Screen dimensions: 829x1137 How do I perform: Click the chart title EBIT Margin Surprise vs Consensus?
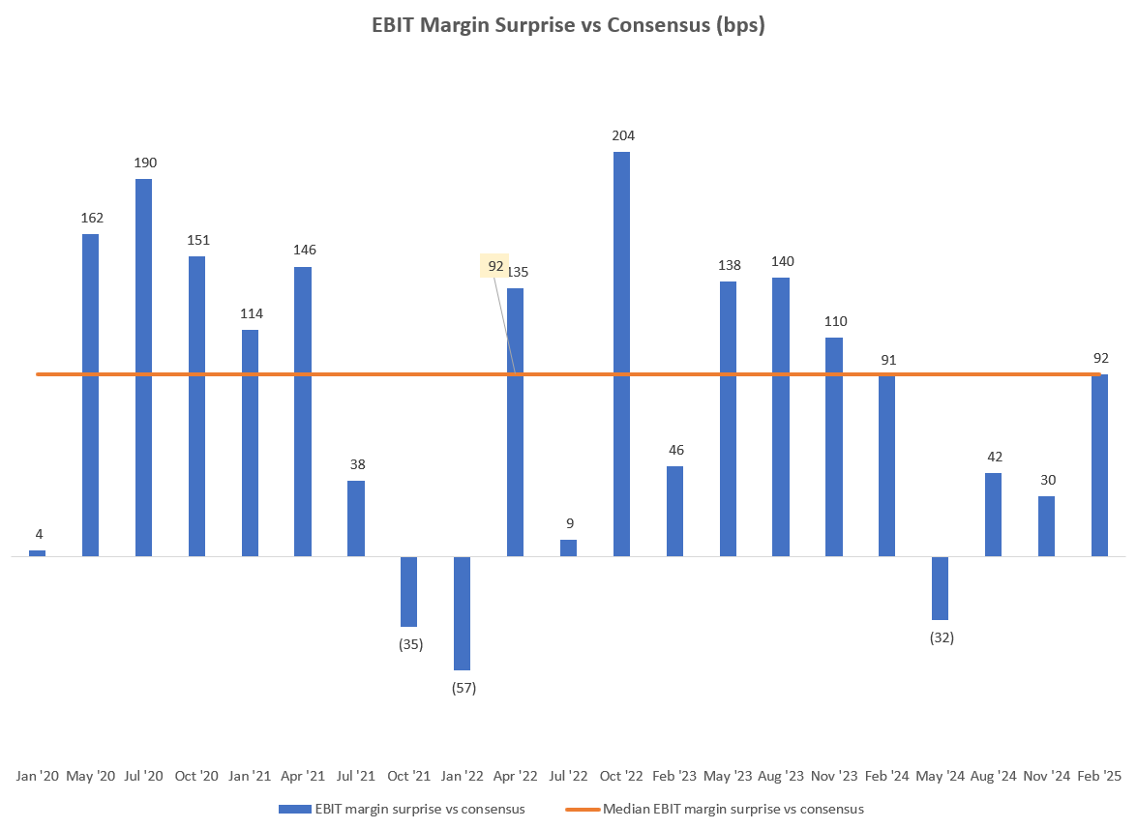(x=568, y=26)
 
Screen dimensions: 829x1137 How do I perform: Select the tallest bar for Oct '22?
(x=621, y=353)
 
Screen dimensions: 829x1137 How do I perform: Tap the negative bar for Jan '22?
(x=462, y=612)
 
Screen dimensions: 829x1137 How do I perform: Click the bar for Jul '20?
(x=143, y=368)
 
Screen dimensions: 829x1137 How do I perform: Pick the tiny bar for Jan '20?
(x=37, y=553)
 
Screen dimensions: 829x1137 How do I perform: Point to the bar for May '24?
(x=940, y=588)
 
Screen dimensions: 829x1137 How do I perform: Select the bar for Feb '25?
(x=1099, y=465)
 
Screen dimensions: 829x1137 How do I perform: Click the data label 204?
(x=622, y=135)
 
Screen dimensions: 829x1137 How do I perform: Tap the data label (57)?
(x=464, y=688)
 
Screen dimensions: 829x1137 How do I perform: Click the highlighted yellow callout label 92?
(x=494, y=265)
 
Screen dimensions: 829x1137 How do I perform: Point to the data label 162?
(x=91, y=218)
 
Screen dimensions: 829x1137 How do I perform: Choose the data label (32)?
(x=941, y=637)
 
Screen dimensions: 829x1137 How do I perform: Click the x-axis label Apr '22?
(x=515, y=776)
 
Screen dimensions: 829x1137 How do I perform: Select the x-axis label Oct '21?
(x=408, y=776)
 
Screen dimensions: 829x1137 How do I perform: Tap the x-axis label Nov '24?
(x=1046, y=776)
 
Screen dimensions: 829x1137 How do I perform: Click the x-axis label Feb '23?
(x=674, y=776)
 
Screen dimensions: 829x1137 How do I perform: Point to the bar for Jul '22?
(x=568, y=548)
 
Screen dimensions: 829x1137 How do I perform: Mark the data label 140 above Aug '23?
(x=781, y=261)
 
